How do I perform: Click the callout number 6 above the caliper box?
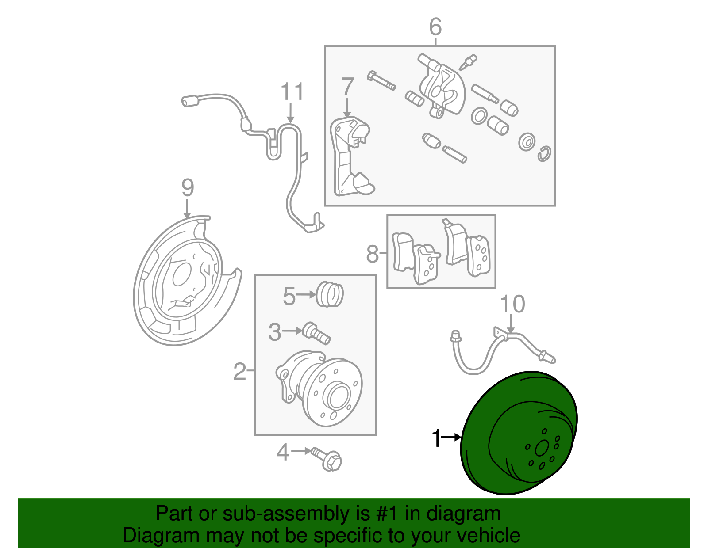click(x=435, y=27)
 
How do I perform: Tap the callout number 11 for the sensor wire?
click(x=292, y=92)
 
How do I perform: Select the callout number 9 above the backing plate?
click(x=188, y=188)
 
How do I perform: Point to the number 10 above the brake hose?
click(x=512, y=305)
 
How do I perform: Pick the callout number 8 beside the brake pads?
click(x=373, y=254)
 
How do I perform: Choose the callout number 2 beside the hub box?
click(x=239, y=371)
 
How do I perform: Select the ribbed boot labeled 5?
click(x=330, y=294)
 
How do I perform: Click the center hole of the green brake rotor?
click(x=542, y=449)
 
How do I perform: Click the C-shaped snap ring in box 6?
click(x=545, y=153)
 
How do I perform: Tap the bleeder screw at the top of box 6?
click(x=468, y=62)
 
